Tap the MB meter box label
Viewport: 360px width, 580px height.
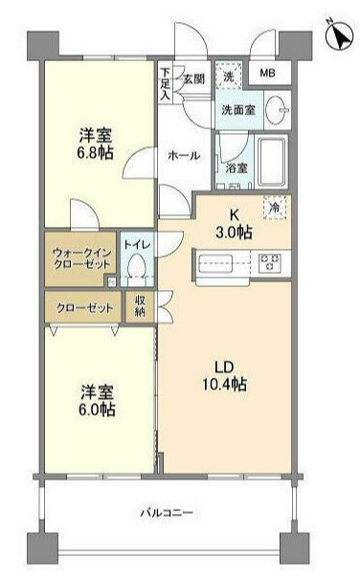point(267,73)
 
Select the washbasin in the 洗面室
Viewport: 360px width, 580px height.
point(277,109)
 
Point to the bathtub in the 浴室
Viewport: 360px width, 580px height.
point(272,162)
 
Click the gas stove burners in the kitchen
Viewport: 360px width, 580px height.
point(270,262)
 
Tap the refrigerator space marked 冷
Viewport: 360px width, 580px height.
point(275,208)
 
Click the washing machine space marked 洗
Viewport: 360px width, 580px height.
point(228,76)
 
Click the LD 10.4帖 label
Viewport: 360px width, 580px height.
point(225,376)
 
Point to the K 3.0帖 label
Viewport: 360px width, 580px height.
point(234,223)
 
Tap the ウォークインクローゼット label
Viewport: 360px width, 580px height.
point(81,259)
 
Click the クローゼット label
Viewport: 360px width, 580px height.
point(84,308)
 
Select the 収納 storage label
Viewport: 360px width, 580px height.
point(140,305)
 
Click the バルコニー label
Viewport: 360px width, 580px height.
point(167,513)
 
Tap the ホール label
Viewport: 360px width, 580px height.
point(184,156)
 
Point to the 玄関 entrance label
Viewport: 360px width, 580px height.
point(193,78)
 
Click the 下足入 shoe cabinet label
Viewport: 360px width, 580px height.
point(165,84)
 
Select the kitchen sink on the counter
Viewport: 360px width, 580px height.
point(215,263)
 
